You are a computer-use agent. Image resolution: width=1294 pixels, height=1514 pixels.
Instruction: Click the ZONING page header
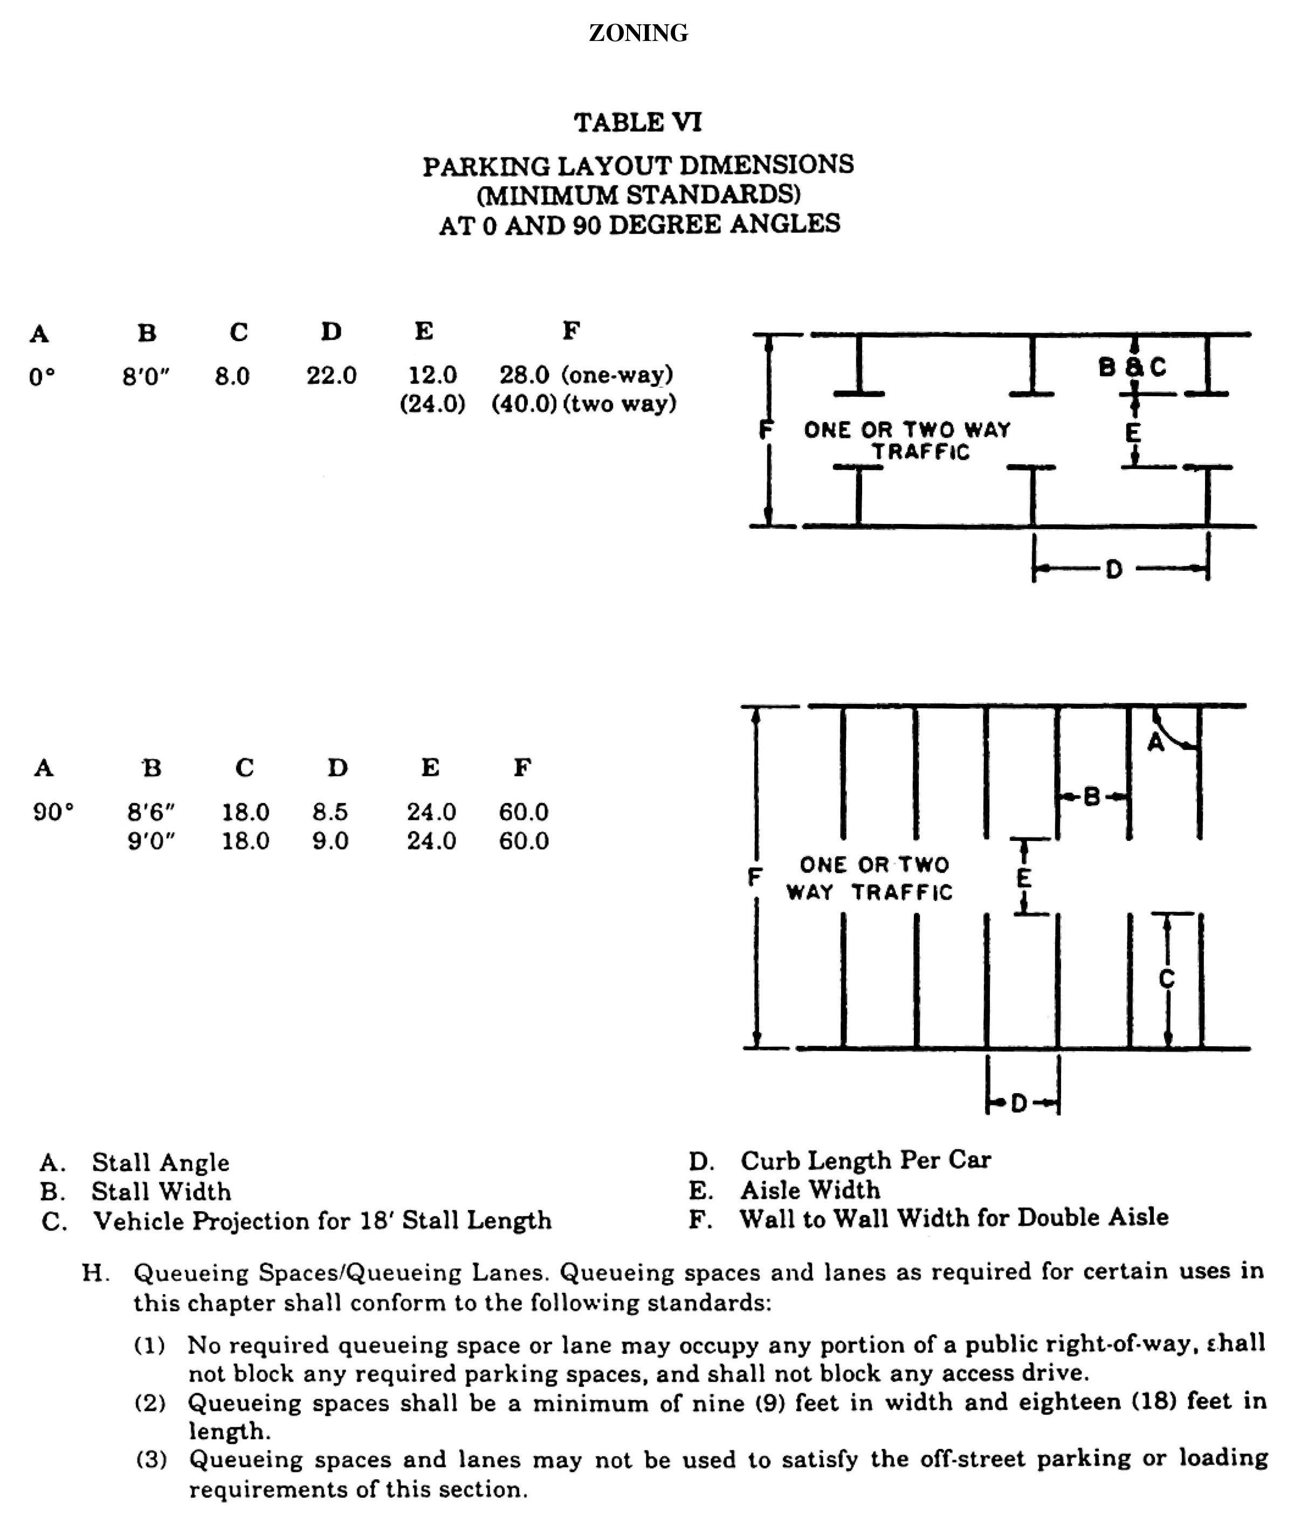pos(638,33)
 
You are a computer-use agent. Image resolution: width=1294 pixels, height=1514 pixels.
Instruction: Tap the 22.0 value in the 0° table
pos(331,376)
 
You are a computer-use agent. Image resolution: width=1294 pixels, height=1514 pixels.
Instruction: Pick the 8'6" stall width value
pos(150,812)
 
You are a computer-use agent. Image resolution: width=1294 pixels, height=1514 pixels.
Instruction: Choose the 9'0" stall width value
pos(150,841)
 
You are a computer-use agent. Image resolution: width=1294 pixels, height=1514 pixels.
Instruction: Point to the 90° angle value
pos(53,812)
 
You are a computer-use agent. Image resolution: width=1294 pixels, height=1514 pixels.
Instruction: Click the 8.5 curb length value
pos(331,812)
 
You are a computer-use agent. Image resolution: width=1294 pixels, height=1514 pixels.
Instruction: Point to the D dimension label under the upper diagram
pos(1113,569)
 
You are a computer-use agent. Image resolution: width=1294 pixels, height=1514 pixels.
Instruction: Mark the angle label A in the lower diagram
pos(1156,742)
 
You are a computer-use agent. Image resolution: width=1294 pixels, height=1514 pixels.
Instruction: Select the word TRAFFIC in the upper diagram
pos(921,452)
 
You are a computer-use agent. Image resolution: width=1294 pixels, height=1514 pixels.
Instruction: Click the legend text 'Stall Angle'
pos(160,1163)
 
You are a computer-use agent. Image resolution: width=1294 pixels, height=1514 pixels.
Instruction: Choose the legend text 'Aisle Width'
pos(810,1190)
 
